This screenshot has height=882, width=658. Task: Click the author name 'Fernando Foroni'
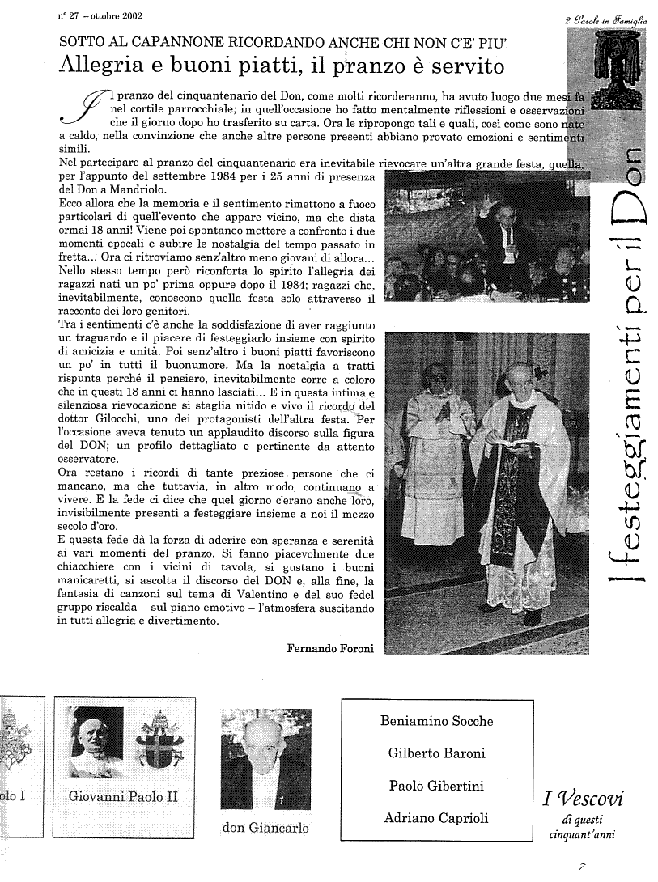(330, 648)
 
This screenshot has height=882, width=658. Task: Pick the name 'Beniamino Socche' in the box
(436, 721)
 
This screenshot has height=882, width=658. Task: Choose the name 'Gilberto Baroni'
(436, 753)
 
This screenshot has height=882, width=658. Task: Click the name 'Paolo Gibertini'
(436, 786)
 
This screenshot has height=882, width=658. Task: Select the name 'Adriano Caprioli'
(436, 818)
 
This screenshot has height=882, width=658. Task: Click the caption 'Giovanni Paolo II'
(123, 795)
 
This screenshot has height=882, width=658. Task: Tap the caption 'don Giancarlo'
(265, 828)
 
